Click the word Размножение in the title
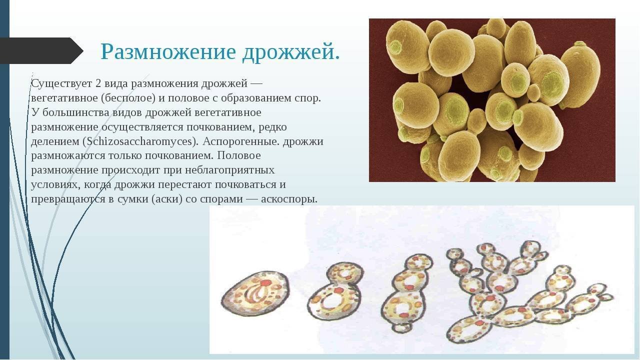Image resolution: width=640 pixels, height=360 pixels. click(168, 51)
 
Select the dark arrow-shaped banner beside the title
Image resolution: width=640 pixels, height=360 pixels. click(41, 50)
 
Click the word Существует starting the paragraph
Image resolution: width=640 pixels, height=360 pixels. click(61, 83)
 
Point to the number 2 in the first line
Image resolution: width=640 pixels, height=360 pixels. click(98, 83)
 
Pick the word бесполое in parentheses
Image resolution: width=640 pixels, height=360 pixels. click(127, 98)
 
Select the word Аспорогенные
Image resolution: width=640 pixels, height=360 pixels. click(241, 141)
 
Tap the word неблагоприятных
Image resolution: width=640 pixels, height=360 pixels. click(229, 170)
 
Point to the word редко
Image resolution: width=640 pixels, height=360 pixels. click(272, 127)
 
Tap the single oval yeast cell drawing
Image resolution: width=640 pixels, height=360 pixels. click(255, 293)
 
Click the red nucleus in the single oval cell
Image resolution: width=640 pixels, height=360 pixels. click(265, 283)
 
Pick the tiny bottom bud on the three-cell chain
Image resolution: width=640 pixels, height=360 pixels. click(401, 328)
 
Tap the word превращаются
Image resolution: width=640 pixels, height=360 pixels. click(68, 199)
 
